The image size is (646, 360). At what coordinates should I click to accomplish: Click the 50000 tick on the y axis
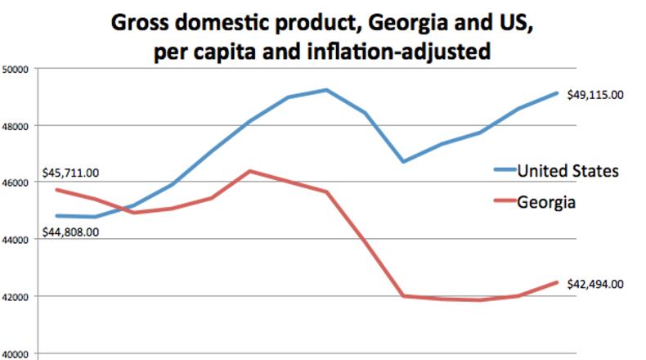pos(16,70)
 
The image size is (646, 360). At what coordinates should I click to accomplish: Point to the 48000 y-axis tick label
pos(16,126)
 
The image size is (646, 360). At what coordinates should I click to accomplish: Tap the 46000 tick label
pos(16,182)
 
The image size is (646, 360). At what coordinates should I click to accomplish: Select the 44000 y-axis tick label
pos(16,240)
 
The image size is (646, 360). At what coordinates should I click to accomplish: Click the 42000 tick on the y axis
pos(16,296)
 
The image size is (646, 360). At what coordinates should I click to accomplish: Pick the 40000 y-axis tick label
pos(16,353)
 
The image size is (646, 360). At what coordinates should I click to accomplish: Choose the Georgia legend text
pos(545,201)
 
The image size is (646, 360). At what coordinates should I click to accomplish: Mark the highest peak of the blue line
pos(326,90)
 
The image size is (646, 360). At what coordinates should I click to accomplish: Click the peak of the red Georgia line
pos(249,171)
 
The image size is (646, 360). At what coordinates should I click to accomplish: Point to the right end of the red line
pos(557,283)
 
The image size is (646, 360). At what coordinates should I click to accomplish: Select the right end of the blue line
pos(557,93)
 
